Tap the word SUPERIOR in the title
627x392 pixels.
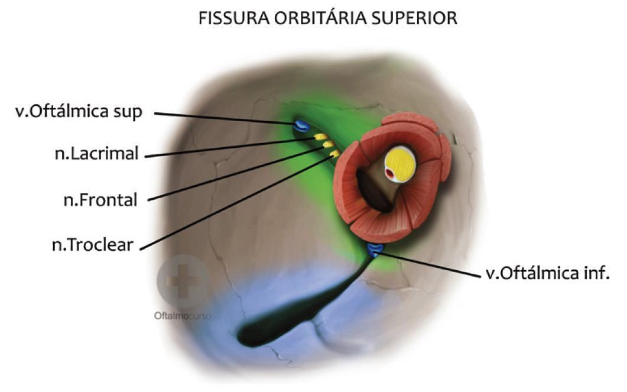click(420, 18)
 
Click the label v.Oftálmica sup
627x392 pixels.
click(79, 112)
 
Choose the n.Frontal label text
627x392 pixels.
click(100, 200)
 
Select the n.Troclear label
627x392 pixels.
click(92, 244)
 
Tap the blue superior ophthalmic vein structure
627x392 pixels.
click(301, 125)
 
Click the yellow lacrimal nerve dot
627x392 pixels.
click(321, 137)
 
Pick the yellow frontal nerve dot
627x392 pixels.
click(328, 145)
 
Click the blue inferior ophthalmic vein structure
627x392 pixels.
click(375, 249)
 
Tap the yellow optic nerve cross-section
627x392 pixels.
click(400, 164)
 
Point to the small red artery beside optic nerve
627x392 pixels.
click(390, 174)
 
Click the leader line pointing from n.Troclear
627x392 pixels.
click(236, 201)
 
